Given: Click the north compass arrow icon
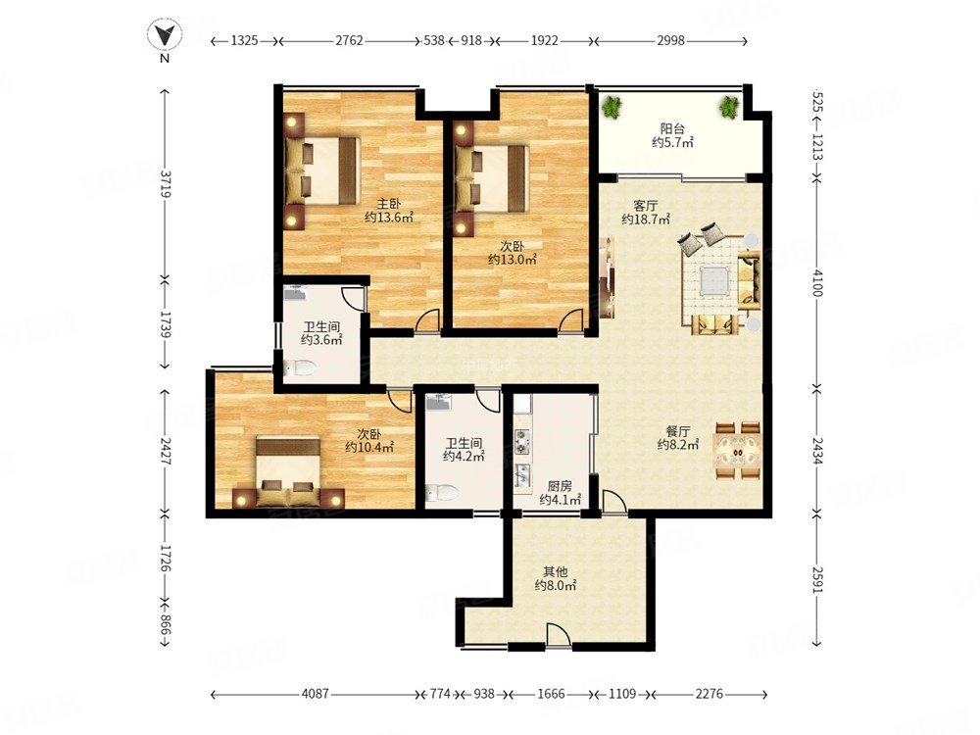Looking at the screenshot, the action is (x=165, y=35).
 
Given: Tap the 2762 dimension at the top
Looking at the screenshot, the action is (x=349, y=40).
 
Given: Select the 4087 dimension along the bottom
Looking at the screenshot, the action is (x=315, y=694).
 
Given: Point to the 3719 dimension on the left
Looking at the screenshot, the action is (x=165, y=184).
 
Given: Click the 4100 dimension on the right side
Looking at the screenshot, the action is (x=817, y=282).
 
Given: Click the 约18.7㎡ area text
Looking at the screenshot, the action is (x=646, y=220).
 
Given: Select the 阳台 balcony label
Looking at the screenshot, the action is (x=672, y=128).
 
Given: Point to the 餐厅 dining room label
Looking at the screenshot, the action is (x=678, y=431).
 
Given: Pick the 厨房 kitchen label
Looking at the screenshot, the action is (x=560, y=486).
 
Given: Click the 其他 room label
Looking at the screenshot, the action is (x=555, y=571).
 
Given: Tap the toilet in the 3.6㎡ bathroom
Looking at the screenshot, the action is (x=300, y=368).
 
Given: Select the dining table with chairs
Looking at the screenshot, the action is (x=738, y=451).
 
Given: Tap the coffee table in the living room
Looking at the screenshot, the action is (x=714, y=280).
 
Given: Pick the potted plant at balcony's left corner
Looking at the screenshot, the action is (x=612, y=107).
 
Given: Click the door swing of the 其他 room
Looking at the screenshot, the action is (x=559, y=636).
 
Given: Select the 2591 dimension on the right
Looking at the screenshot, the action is (x=817, y=579).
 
